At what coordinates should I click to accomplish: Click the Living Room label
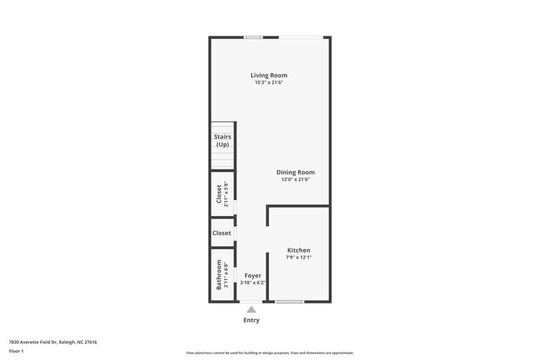click(269, 75)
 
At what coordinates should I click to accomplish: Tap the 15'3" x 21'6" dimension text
click(269, 83)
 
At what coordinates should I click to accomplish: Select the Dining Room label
click(295, 172)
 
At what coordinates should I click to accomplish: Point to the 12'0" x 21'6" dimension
click(295, 179)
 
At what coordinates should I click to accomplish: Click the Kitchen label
click(299, 250)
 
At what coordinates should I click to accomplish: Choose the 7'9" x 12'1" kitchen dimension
click(299, 257)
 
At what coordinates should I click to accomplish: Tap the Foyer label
click(253, 276)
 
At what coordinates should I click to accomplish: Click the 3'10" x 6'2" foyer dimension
click(253, 283)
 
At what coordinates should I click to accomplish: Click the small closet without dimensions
click(222, 233)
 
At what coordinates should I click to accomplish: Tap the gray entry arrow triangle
click(251, 310)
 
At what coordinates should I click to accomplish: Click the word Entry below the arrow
click(251, 320)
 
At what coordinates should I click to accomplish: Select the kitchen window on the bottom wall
click(289, 301)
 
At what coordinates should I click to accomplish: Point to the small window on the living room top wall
click(253, 37)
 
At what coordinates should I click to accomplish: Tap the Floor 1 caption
click(16, 351)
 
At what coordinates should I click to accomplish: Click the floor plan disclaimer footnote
click(269, 353)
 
